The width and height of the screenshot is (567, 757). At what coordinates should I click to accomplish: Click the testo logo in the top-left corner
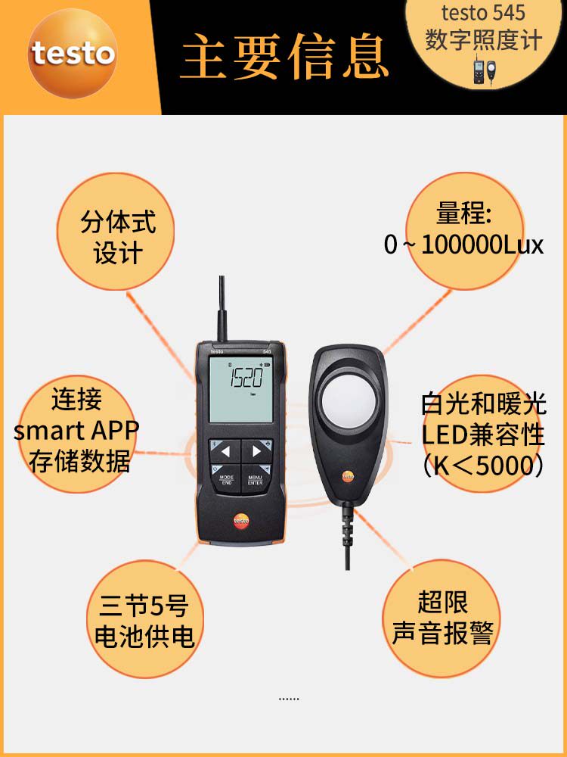[x=73, y=53]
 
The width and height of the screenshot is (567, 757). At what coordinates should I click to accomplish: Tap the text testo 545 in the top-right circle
[x=483, y=13]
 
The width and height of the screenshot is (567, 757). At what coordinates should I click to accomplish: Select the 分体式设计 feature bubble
[x=116, y=231]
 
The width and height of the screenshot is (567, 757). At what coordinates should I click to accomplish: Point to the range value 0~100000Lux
[x=464, y=245]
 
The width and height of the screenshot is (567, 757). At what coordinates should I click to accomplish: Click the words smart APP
[x=76, y=430]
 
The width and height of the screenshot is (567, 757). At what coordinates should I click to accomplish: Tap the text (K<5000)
[x=483, y=466]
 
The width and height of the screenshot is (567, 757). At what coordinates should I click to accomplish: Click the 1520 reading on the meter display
[x=246, y=378]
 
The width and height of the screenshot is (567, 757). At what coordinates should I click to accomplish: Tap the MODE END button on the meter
[x=227, y=478]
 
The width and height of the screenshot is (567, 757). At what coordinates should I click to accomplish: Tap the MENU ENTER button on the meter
[x=256, y=478]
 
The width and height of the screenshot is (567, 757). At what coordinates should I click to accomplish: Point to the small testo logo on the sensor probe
[x=348, y=476]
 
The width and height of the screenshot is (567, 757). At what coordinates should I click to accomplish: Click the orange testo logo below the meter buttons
[x=241, y=521]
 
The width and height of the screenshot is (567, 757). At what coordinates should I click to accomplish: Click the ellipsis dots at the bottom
[x=289, y=699]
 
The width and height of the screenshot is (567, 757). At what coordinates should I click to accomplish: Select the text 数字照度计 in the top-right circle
[x=484, y=39]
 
